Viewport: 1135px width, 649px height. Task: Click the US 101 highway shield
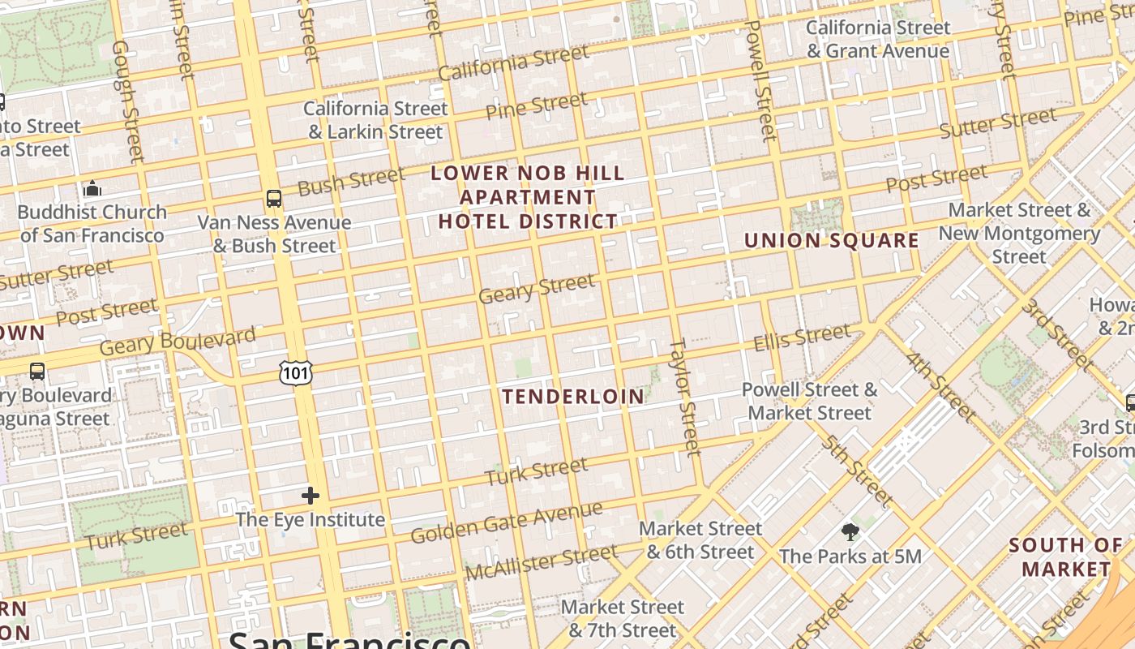pyautogui.click(x=296, y=373)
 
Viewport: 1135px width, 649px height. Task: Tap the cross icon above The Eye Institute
pyautogui.click(x=310, y=496)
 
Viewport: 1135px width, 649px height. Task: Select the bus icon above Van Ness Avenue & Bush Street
pyautogui.click(x=274, y=199)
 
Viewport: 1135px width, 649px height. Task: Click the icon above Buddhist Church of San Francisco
pyautogui.click(x=92, y=189)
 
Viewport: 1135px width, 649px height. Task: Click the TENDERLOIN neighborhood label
pyautogui.click(x=573, y=397)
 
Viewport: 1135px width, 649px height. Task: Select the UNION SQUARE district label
pyautogui.click(x=831, y=241)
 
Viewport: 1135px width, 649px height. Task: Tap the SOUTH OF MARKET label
pyautogui.click(x=1065, y=557)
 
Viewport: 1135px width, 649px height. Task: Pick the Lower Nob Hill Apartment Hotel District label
pyautogui.click(x=528, y=197)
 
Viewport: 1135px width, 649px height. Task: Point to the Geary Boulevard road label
pyautogui.click(x=178, y=340)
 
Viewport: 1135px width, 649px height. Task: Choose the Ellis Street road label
pyautogui.click(x=802, y=337)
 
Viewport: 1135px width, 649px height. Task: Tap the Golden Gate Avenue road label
pyautogui.click(x=506, y=522)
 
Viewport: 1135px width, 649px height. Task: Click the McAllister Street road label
pyautogui.click(x=541, y=562)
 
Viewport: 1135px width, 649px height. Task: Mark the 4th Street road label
pyautogui.click(x=940, y=386)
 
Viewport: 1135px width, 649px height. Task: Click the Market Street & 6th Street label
pyautogui.click(x=700, y=540)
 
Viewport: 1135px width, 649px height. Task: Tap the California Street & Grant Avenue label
pyautogui.click(x=877, y=39)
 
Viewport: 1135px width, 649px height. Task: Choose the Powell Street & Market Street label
pyautogui.click(x=809, y=401)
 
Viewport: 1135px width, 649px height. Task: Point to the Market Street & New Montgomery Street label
pyautogui.click(x=1019, y=233)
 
